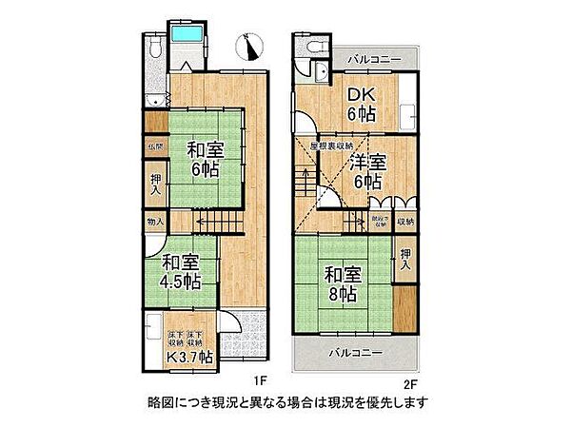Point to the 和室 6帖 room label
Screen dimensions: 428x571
(x=199, y=158)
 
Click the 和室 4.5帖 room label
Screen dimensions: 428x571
(x=179, y=271)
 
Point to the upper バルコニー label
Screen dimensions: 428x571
(x=367, y=59)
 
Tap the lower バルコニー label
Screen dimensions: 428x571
(x=356, y=353)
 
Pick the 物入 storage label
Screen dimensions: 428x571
(x=155, y=223)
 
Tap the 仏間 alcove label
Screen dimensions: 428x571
(x=154, y=146)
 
